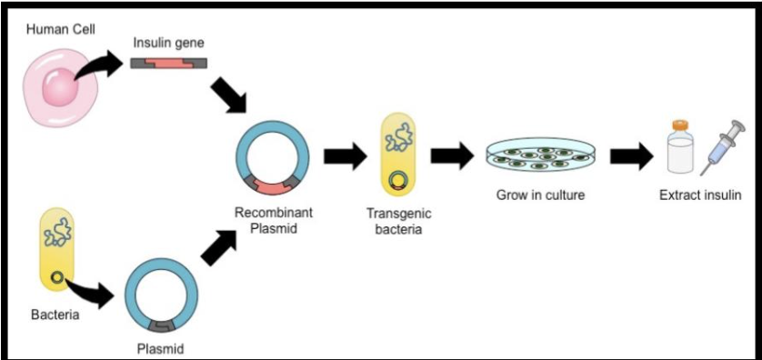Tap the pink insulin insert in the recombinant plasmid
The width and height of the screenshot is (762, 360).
(272, 187)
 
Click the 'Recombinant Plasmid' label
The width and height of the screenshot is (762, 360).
(272, 220)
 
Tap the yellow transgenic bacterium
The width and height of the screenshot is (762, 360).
(397, 153)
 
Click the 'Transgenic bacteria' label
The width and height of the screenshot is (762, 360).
(397, 221)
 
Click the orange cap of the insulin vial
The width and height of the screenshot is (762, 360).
(680, 125)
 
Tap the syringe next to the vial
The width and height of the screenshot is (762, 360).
(721, 145)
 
